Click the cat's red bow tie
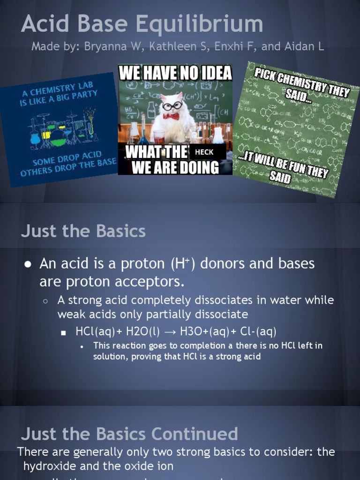click(x=171, y=116)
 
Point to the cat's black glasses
click(x=172, y=105)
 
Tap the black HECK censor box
click(x=204, y=152)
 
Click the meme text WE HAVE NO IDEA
click(x=175, y=73)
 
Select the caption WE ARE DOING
click(x=175, y=167)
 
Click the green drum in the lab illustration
click(x=58, y=137)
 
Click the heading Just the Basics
click(x=83, y=231)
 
